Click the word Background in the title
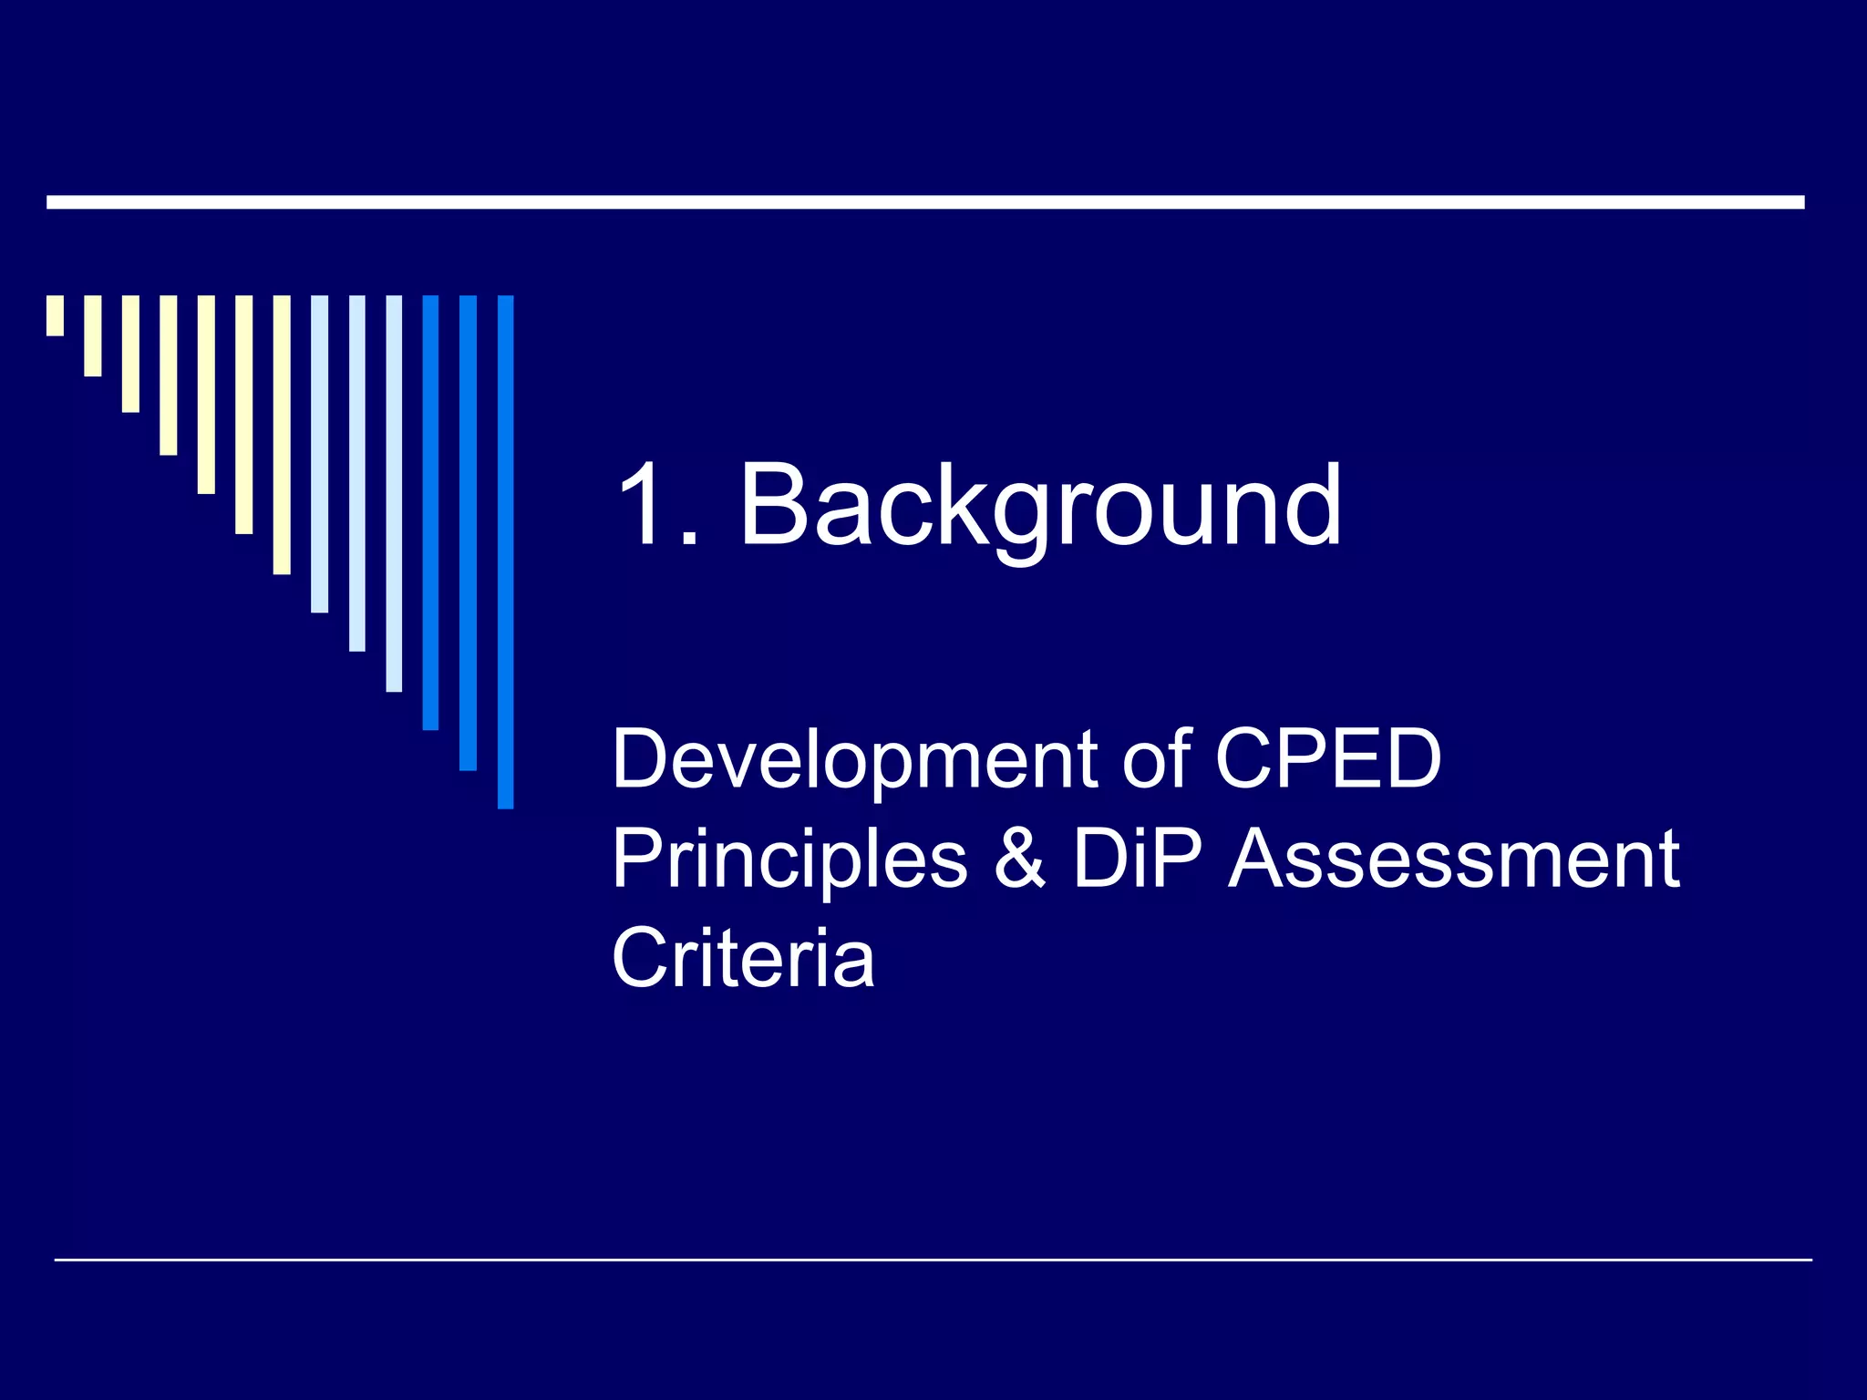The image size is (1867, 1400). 1040,505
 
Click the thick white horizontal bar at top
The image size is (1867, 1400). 925,202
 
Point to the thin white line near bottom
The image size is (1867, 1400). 933,1260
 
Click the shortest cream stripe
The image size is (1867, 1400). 56,315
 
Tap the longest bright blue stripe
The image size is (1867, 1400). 505,551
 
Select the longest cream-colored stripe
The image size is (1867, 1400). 282,435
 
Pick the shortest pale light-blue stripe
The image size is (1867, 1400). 319,454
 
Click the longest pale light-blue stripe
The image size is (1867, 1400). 394,493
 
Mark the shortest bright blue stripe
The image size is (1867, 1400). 430,512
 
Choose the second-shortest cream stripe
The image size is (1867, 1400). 93,335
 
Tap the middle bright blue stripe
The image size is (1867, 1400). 468,532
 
